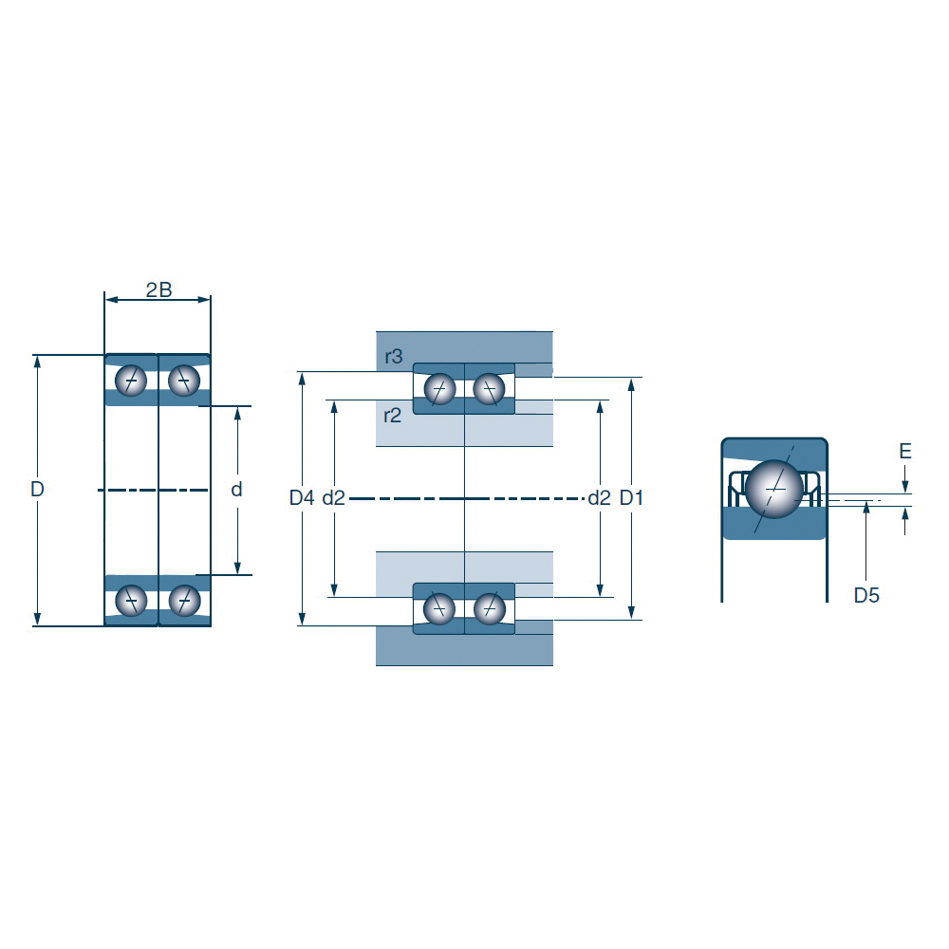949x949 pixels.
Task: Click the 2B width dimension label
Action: [x=159, y=289]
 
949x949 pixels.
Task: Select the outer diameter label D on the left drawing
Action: [x=37, y=489]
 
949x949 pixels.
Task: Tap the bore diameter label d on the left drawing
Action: [x=236, y=489]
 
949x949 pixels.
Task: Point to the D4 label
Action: [x=302, y=497]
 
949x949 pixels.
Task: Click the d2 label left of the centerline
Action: [x=333, y=497]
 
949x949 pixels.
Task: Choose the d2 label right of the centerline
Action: [x=599, y=497]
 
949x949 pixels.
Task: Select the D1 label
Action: [x=631, y=497]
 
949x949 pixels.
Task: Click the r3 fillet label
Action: [x=394, y=357]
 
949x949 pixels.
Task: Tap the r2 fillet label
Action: [x=392, y=416]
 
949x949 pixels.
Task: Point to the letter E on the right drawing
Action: [x=904, y=451]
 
